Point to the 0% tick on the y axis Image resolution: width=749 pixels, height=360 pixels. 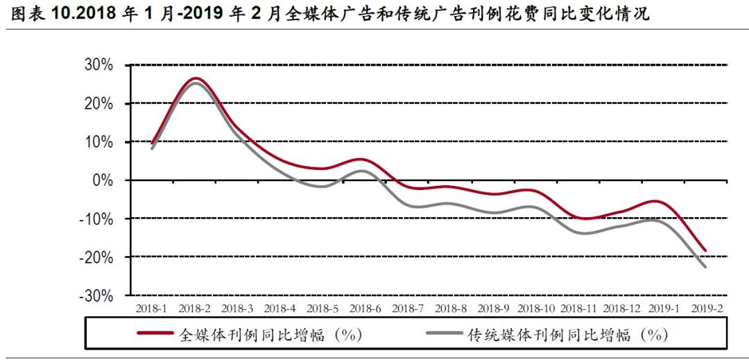pyautogui.click(x=106, y=180)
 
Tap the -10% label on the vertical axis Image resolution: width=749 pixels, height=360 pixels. pyautogui.click(x=99, y=219)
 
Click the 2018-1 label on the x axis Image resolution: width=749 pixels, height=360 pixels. pyautogui.click(x=151, y=308)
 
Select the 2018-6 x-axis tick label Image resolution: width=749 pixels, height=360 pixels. pyautogui.click(x=365, y=308)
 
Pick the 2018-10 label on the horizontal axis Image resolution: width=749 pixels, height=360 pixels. pyautogui.click(x=535, y=308)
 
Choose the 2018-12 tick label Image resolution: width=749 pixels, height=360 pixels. pyautogui.click(x=621, y=308)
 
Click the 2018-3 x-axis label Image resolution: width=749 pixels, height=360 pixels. pyautogui.click(x=237, y=308)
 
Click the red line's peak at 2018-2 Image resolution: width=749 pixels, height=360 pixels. pyautogui.click(x=195, y=78)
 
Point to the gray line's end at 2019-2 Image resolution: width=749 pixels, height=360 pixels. pyautogui.click(x=706, y=267)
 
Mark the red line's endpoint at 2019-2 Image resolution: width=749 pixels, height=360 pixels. pyautogui.click(x=706, y=250)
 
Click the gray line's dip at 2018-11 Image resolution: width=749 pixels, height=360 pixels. pyautogui.click(x=578, y=233)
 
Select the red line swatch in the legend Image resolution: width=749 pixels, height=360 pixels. pyautogui.click(x=155, y=334)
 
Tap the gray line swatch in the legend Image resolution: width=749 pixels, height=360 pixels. pyautogui.click(x=442, y=334)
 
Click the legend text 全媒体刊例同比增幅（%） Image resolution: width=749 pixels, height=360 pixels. pyautogui.click(x=270, y=335)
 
